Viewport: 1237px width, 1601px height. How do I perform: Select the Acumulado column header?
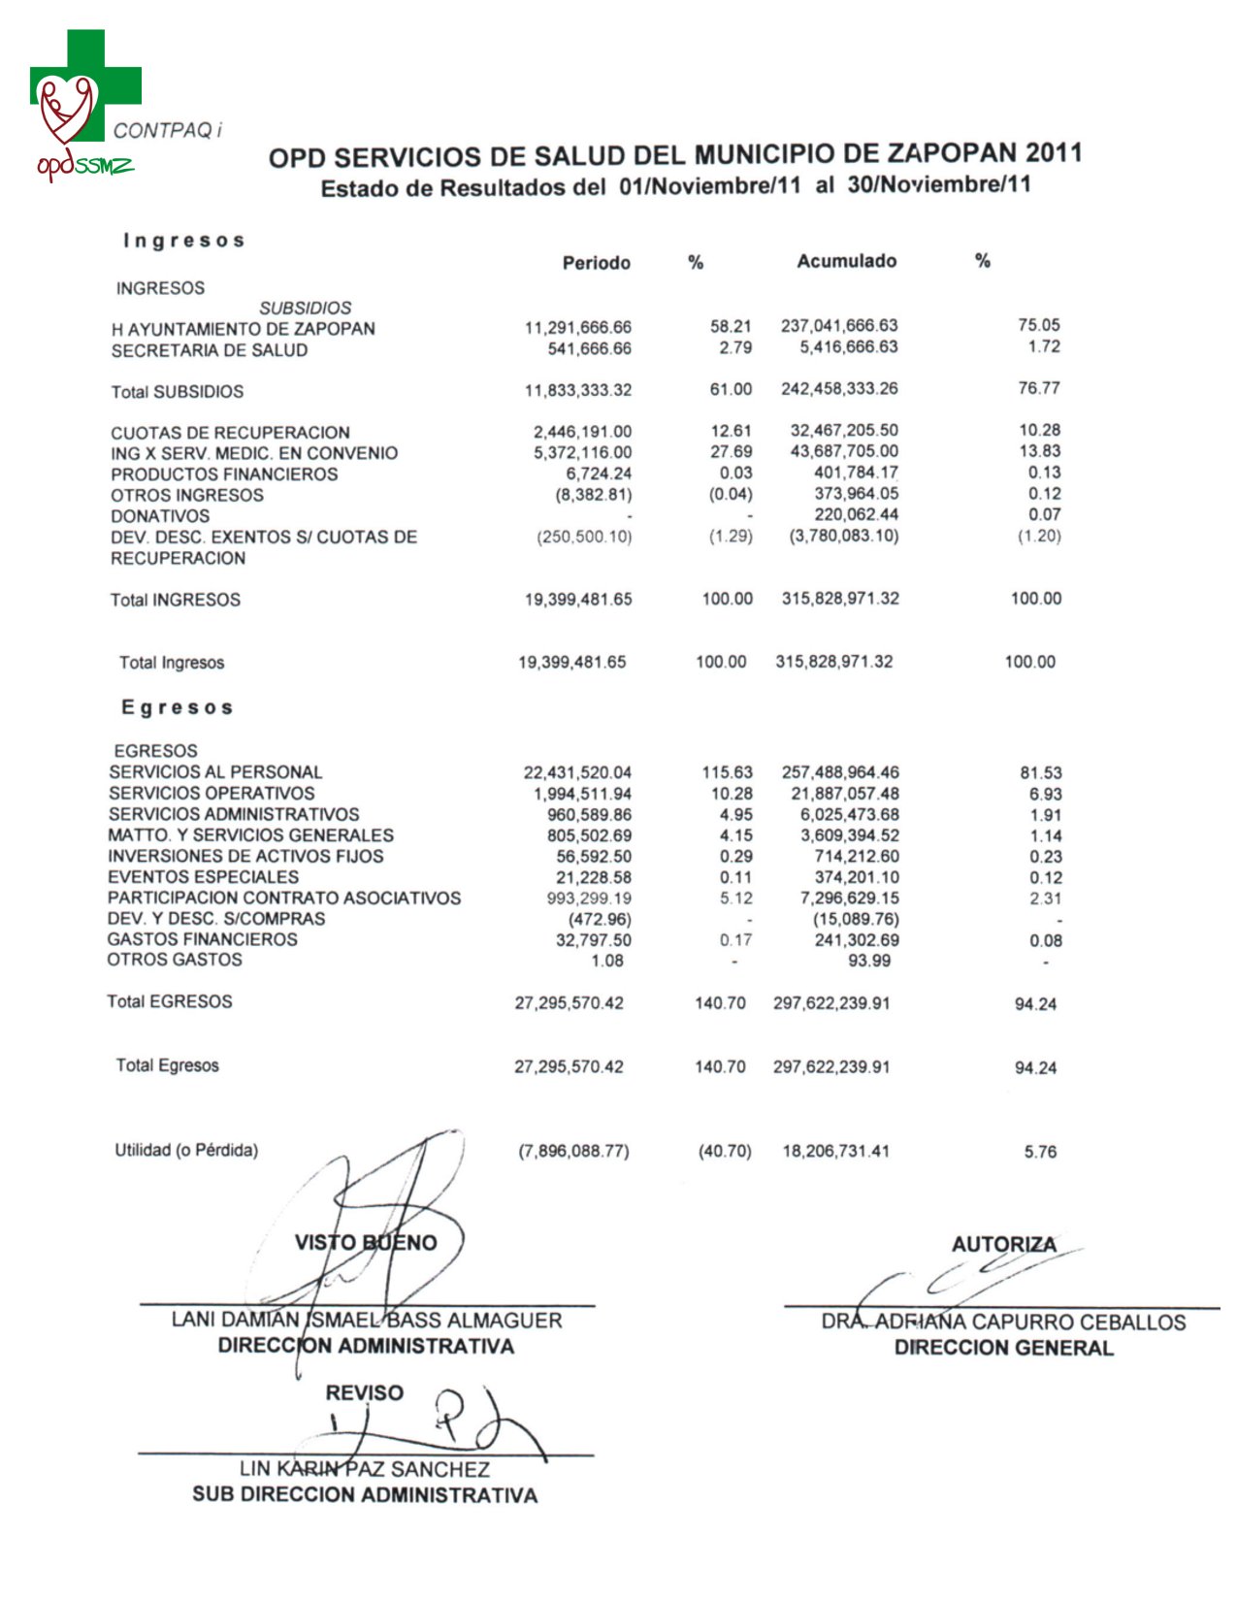pyautogui.click(x=846, y=261)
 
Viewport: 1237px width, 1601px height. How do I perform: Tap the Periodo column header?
pyautogui.click(x=596, y=263)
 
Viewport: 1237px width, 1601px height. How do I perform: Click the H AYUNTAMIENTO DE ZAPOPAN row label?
pyautogui.click(x=243, y=329)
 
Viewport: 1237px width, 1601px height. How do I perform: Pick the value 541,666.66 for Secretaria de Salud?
pyautogui.click(x=589, y=348)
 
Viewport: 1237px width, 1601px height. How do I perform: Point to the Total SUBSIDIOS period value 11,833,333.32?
pyautogui.click(x=577, y=390)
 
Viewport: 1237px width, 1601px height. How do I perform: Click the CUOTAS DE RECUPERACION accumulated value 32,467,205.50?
pyautogui.click(x=843, y=430)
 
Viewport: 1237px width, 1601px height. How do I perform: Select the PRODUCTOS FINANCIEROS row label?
pyautogui.click(x=224, y=474)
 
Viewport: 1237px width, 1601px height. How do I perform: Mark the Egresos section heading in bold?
pyautogui.click(x=178, y=707)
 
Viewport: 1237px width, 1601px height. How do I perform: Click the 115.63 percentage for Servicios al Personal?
pyautogui.click(x=727, y=772)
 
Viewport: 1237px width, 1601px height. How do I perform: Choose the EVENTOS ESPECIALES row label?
pyautogui.click(x=203, y=877)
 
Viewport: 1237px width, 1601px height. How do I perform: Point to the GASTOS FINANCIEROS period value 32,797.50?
pyautogui.click(x=593, y=939)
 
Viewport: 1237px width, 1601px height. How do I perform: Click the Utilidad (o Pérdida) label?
pyautogui.click(x=186, y=1151)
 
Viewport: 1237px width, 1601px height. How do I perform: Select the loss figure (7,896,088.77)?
pyautogui.click(x=573, y=1152)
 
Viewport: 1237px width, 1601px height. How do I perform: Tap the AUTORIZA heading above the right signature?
pyautogui.click(x=1003, y=1244)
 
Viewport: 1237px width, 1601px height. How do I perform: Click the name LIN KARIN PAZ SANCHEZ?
pyautogui.click(x=365, y=1469)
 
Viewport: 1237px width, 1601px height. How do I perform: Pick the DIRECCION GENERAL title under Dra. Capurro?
pyautogui.click(x=1003, y=1348)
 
